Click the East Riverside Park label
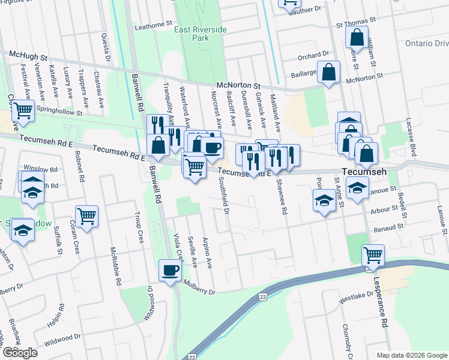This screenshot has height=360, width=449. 191,33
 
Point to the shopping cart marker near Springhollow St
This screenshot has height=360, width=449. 23,110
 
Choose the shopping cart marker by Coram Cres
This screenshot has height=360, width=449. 87,216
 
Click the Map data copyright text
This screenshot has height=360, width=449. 412,355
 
